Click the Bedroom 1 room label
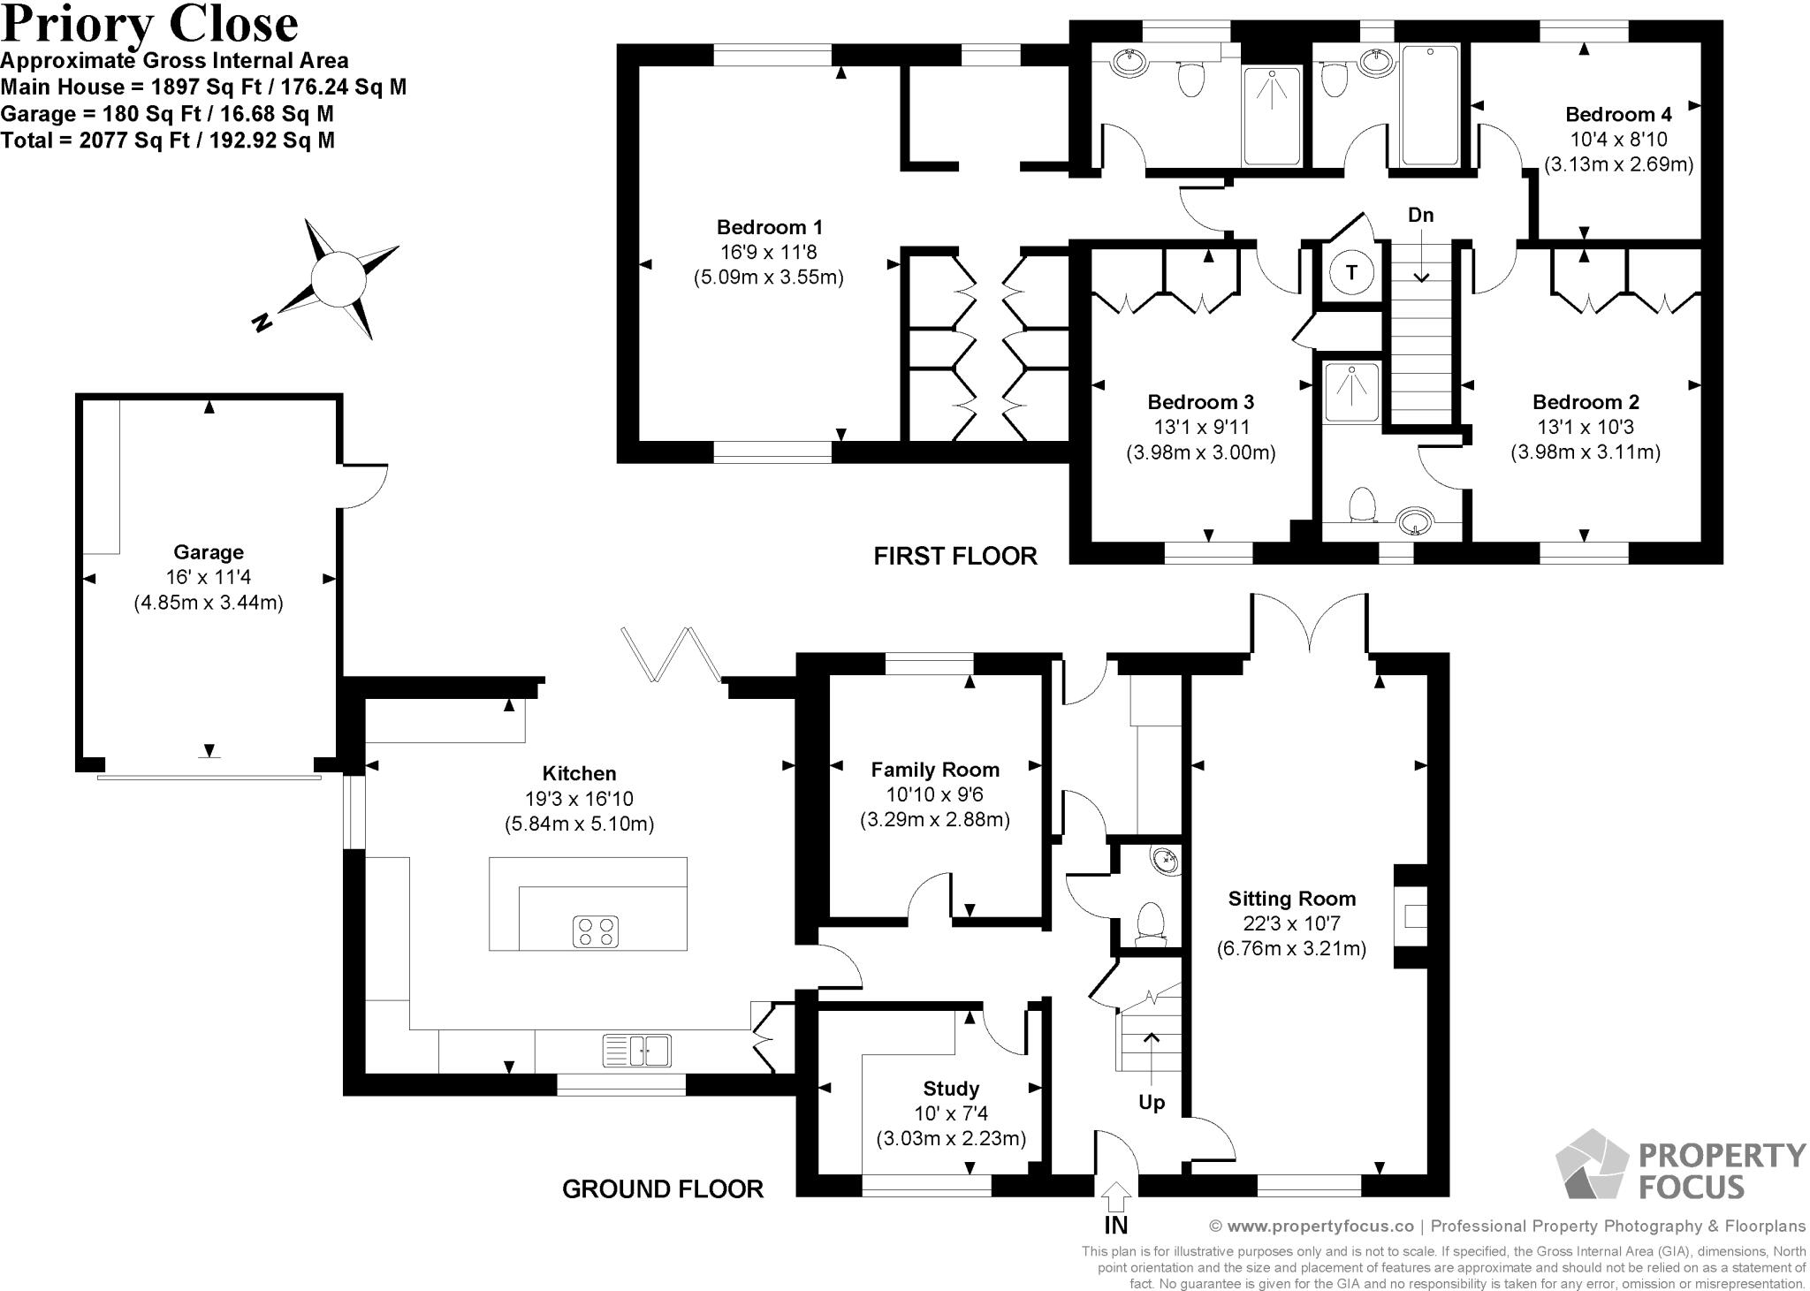(769, 227)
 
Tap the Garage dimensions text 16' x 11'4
(208, 578)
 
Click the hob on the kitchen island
(596, 931)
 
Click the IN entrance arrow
(1116, 1198)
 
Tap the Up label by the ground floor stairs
(1152, 1102)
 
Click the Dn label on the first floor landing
(1420, 215)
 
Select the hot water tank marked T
(1351, 272)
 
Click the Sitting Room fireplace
(1412, 916)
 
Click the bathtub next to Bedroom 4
(1429, 106)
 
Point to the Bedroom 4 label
(1618, 114)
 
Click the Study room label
(951, 1088)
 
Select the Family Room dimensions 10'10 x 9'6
(935, 794)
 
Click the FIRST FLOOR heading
(954, 556)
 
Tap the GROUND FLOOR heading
(663, 1188)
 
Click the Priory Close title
(150, 24)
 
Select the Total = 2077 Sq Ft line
(168, 140)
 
